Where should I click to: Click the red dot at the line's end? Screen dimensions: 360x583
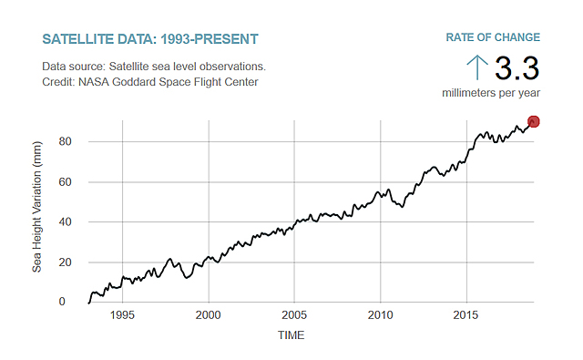[534, 122]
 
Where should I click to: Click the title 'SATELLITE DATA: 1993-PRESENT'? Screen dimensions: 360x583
[150, 39]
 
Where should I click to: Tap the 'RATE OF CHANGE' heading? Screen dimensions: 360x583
[493, 37]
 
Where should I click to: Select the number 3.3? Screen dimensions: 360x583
[517, 68]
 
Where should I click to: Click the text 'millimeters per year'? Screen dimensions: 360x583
[491, 93]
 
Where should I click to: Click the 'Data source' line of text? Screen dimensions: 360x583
[154, 67]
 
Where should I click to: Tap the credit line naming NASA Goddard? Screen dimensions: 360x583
[150, 82]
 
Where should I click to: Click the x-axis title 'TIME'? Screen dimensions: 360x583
[291, 335]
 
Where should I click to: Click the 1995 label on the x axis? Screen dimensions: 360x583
[123, 315]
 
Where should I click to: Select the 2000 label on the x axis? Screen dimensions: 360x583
[209, 315]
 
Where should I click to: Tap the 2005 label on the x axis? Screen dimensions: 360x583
[294, 315]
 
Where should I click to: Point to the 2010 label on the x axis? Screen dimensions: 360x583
[380, 315]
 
